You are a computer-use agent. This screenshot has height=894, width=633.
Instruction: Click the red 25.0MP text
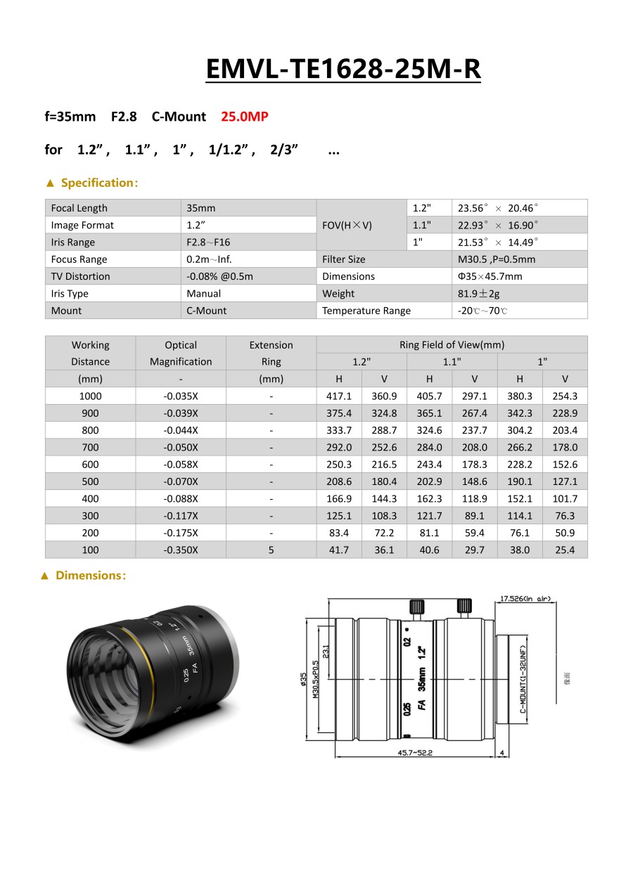pos(245,117)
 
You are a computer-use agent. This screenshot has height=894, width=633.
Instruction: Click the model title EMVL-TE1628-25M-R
pos(343,69)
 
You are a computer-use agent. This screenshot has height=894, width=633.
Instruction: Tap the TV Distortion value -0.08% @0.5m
pos(219,276)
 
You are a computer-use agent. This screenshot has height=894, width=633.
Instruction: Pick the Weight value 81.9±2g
pos(478,293)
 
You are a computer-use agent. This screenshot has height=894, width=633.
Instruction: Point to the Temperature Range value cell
pos(520,311)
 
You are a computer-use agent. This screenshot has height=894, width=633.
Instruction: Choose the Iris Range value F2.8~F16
pos(208,242)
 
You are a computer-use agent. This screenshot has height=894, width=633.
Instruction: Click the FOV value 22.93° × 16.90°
pos(498,225)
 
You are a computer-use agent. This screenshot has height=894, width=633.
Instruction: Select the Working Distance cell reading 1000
pos(90,396)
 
